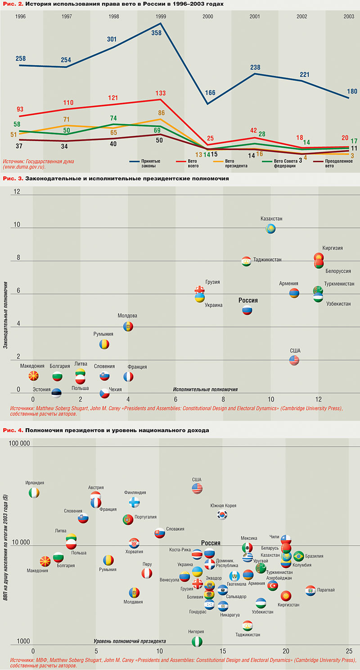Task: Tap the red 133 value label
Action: (x=160, y=94)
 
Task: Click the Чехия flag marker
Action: (x=104, y=393)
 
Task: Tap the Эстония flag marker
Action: (x=57, y=393)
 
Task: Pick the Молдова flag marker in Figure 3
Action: (x=128, y=327)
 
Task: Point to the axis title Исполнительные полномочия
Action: (x=205, y=389)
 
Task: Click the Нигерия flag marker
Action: (x=197, y=642)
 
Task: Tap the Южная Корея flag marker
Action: (x=222, y=514)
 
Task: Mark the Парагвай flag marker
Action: (x=310, y=590)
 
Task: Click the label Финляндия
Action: (x=135, y=492)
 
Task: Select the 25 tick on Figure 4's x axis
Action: (x=349, y=651)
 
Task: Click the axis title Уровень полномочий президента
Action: (x=130, y=641)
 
